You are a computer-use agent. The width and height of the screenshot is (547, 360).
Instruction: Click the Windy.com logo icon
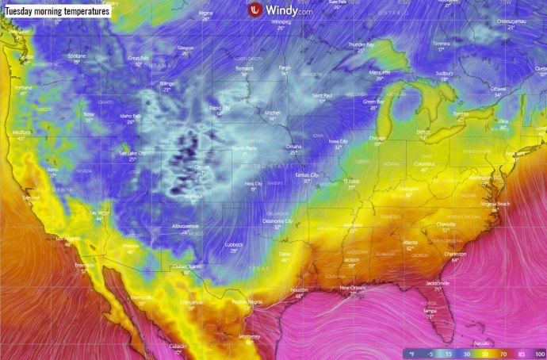pyautogui.click(x=254, y=10)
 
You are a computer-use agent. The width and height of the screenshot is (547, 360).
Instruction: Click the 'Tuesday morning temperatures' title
pyautogui.click(x=56, y=10)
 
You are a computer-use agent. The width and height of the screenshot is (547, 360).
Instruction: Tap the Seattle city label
pyautogui.click(x=27, y=57)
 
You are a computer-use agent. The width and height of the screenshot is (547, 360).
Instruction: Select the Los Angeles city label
pyautogui.click(x=67, y=238)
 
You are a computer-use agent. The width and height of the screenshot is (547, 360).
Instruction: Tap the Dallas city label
pyautogui.click(x=285, y=254)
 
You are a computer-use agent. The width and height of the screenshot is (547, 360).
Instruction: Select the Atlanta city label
pyautogui.click(x=410, y=242)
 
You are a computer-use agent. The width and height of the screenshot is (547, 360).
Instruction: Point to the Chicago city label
pyautogui.click(x=378, y=138)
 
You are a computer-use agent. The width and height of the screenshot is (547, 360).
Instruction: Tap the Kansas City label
pyautogui.click(x=306, y=174)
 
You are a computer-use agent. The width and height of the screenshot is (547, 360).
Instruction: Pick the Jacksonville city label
pyautogui.click(x=437, y=282)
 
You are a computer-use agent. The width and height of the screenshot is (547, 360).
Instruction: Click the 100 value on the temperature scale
pyautogui.click(x=540, y=353)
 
